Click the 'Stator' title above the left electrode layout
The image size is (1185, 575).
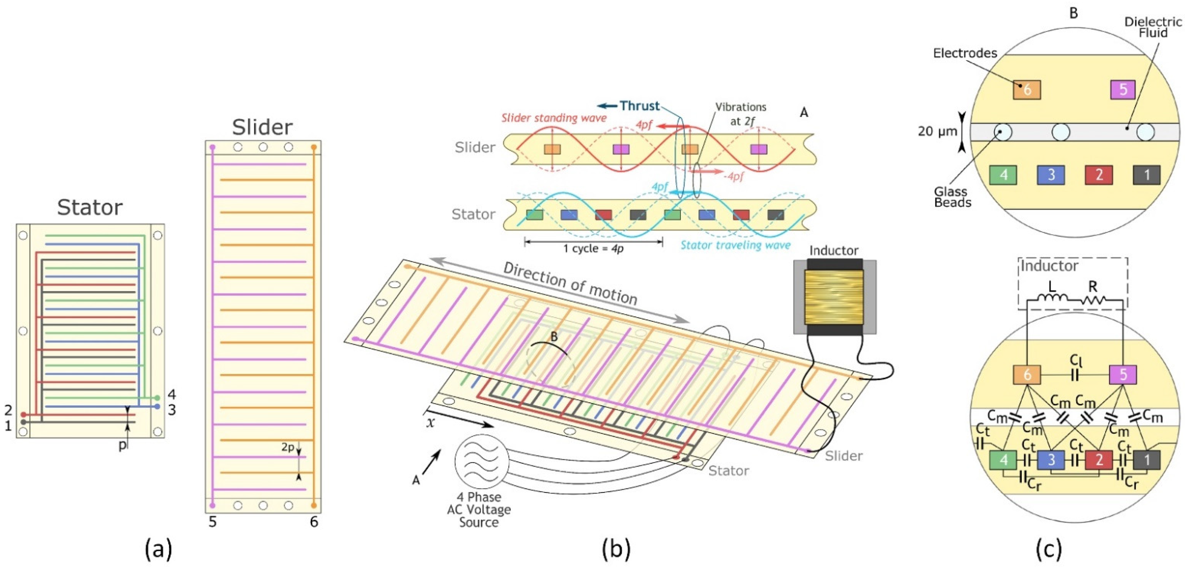(90, 208)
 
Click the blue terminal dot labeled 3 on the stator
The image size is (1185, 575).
(157, 406)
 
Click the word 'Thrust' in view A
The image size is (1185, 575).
(639, 106)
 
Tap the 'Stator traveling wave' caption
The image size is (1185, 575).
(735, 245)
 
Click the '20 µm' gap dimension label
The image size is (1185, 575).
(937, 132)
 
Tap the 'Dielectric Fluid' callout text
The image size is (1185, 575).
(1152, 27)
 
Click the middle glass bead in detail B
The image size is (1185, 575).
(1061, 132)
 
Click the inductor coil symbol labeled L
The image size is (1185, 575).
(1052, 298)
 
